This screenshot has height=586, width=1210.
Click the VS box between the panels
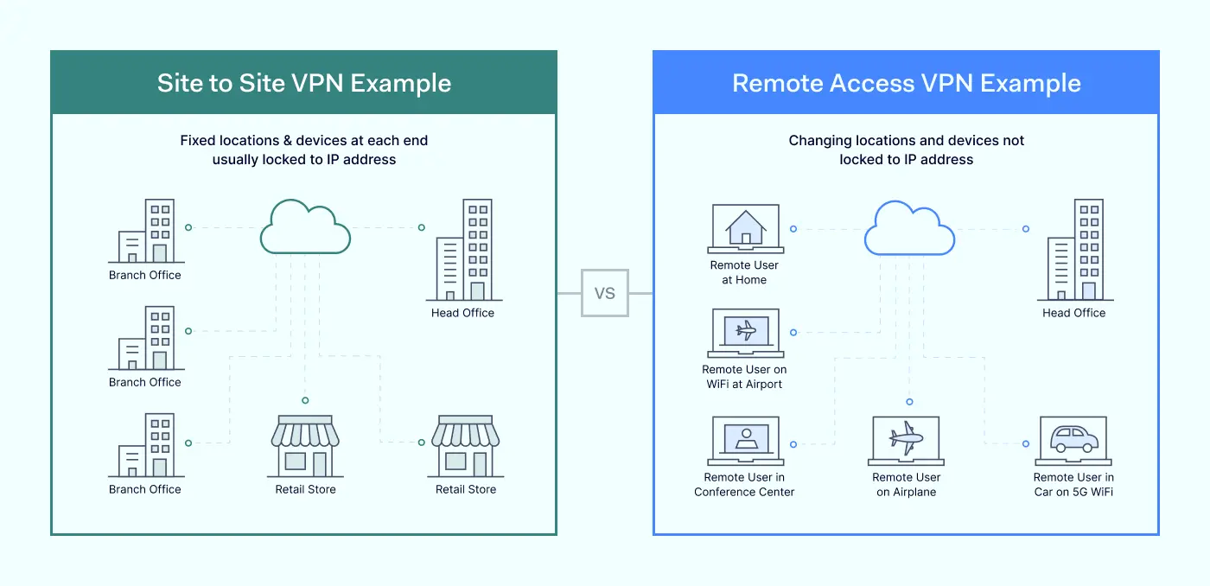(605, 293)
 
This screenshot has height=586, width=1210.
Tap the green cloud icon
(305, 226)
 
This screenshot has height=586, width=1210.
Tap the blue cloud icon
(909, 228)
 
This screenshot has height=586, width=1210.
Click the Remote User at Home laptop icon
(744, 229)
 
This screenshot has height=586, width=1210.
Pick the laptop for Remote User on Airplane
(906, 441)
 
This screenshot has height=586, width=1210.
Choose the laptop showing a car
(1073, 441)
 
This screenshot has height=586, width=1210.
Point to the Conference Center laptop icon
(744, 441)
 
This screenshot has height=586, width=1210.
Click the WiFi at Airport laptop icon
(744, 333)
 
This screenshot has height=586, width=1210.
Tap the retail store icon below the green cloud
(304, 446)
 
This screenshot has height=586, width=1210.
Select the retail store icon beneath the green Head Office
(465, 446)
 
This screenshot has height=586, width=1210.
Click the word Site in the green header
(180, 83)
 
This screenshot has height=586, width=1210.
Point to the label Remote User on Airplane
(906, 484)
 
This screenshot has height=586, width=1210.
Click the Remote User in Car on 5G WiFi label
(1073, 484)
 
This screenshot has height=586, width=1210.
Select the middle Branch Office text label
(145, 382)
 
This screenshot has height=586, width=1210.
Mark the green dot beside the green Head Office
(422, 227)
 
